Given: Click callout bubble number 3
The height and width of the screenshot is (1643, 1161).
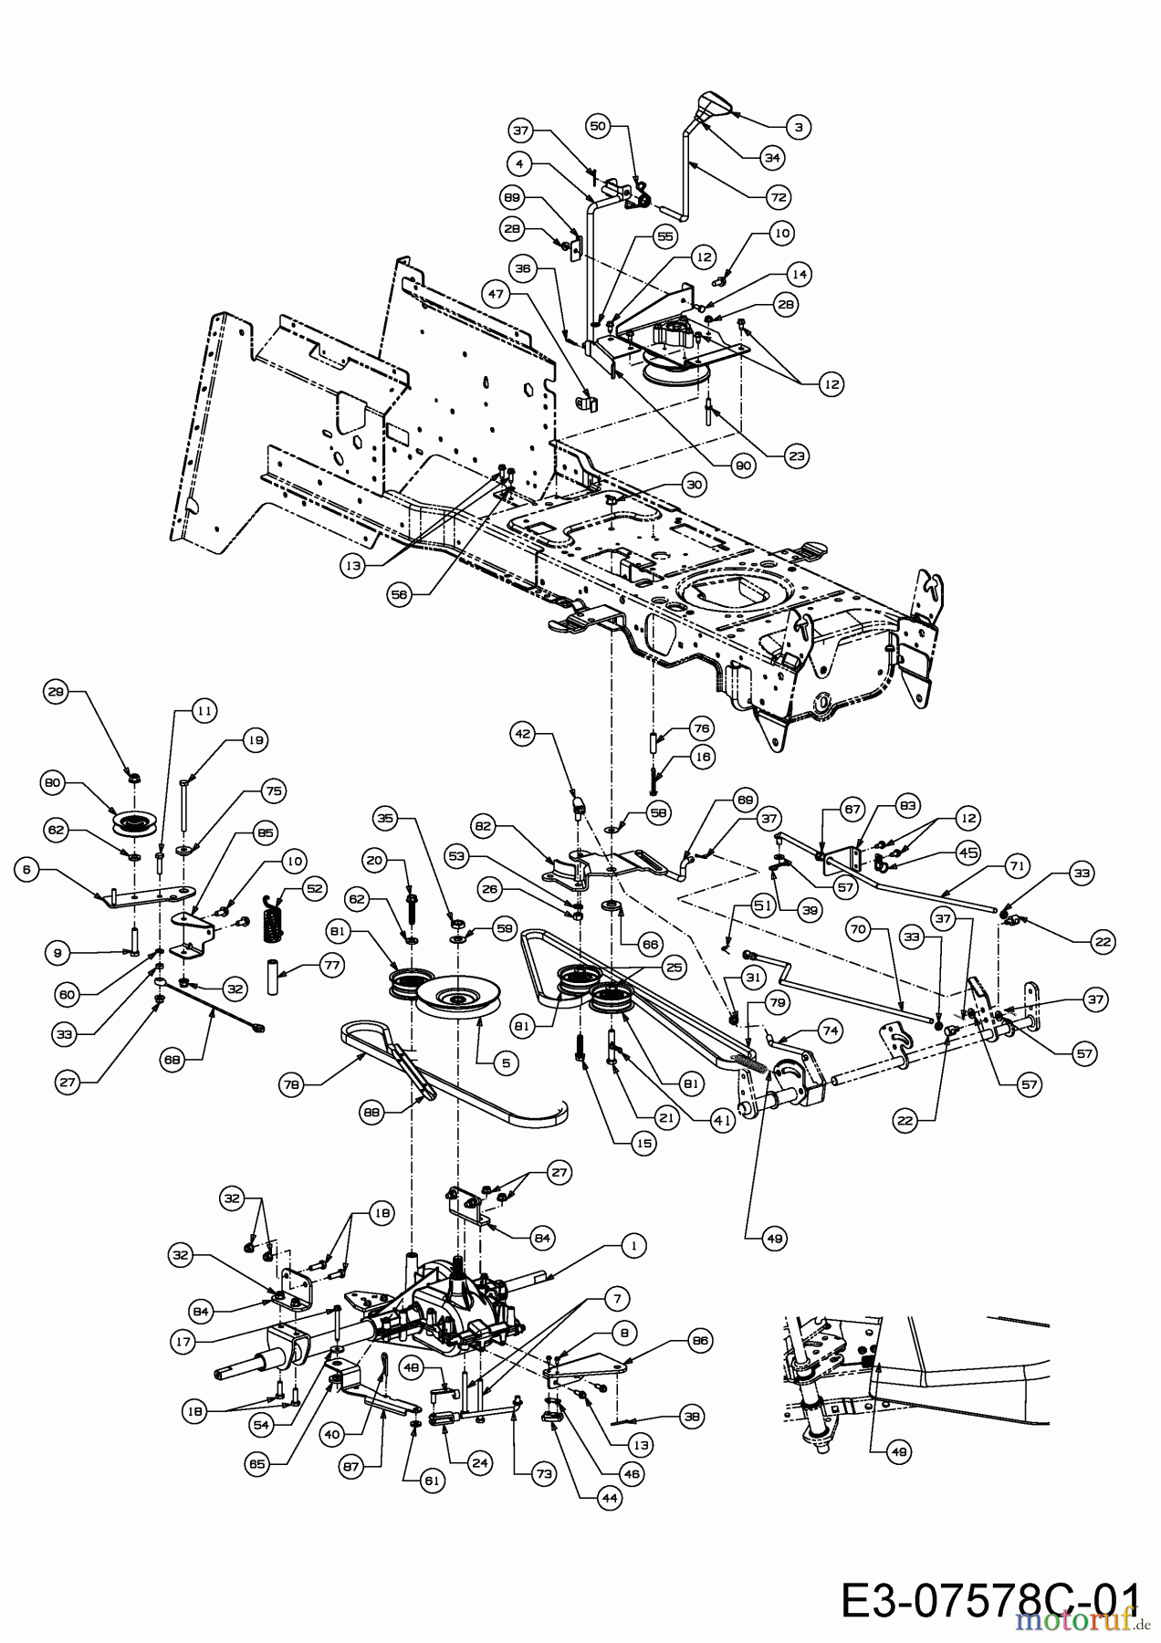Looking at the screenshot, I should [798, 127].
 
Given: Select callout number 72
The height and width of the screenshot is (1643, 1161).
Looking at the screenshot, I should [778, 196].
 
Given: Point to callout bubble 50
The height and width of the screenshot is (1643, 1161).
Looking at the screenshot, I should [598, 127].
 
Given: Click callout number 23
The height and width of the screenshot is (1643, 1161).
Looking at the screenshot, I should [797, 455].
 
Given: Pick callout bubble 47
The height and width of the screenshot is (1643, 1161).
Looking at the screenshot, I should [496, 295].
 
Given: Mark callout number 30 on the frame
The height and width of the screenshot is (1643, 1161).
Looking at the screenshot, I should [694, 485].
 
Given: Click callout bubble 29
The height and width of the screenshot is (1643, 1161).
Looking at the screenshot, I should [57, 692].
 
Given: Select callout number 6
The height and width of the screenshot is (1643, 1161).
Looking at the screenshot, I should [27, 870].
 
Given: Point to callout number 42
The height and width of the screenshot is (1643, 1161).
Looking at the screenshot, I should [522, 732].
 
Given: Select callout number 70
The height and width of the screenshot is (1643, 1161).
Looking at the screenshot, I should [857, 932].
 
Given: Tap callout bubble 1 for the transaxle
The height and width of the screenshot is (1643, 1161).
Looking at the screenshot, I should [633, 1244].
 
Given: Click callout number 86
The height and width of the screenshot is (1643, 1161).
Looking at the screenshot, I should [702, 1341].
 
